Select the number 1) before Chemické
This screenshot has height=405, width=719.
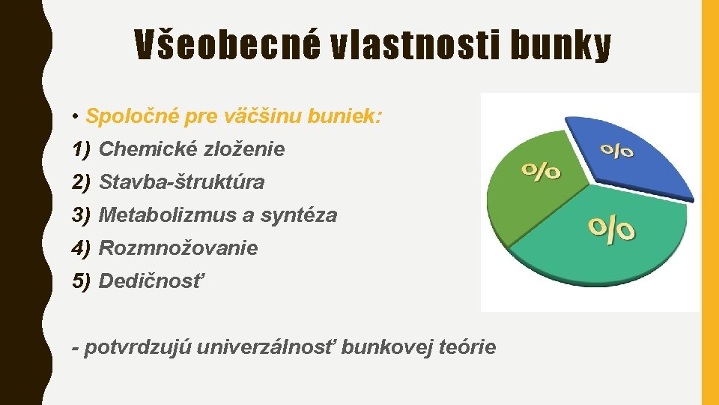(x=82, y=149)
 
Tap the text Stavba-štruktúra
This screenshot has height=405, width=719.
(x=181, y=182)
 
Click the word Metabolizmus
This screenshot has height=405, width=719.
(x=167, y=215)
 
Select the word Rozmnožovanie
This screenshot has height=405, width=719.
(x=178, y=248)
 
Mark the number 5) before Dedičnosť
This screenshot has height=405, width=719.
(x=82, y=281)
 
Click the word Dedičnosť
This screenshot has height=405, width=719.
(x=151, y=281)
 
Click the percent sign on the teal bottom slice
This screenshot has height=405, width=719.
(x=612, y=229)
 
